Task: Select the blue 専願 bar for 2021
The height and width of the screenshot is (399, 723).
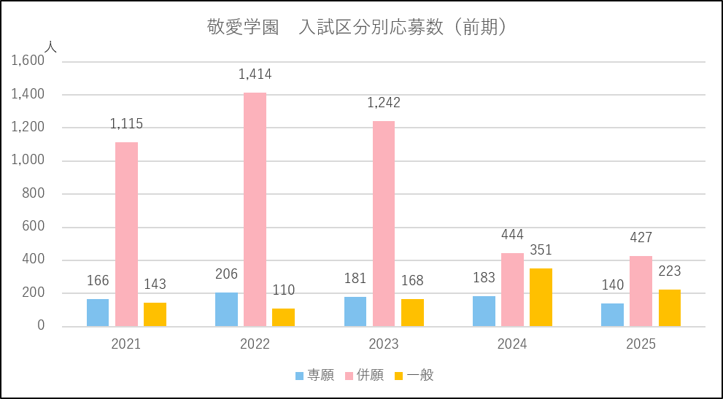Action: (98, 313)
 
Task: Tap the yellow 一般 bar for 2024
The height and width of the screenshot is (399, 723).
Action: (541, 298)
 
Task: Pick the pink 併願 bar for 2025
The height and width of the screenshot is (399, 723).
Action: (641, 291)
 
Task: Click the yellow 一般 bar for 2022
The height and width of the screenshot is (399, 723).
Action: (283, 317)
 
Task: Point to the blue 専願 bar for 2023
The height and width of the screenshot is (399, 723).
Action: (355, 311)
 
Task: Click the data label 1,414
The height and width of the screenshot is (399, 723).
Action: (255, 74)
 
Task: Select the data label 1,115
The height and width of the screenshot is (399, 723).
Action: (126, 124)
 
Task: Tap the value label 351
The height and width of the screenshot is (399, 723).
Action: (541, 250)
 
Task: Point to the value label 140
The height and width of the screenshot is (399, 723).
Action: (613, 285)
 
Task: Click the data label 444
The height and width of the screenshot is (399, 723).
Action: (512, 235)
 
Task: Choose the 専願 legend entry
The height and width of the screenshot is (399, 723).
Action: (314, 376)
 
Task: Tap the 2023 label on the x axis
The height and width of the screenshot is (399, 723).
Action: (384, 344)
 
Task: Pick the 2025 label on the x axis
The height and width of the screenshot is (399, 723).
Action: (641, 344)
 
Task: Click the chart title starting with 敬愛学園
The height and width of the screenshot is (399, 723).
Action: (357, 28)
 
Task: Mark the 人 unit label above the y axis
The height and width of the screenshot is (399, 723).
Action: (50, 46)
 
